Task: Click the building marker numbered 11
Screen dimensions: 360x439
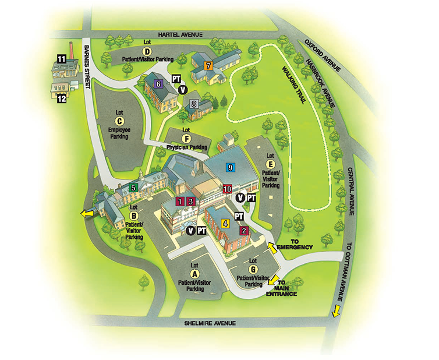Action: tap(61, 58)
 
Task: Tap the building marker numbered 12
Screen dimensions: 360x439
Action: tap(61, 98)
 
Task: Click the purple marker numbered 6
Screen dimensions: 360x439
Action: tap(157, 83)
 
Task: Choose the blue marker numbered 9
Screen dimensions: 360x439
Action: tap(231, 167)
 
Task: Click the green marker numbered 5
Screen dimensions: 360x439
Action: tap(133, 188)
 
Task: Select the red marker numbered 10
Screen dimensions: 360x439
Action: tap(227, 189)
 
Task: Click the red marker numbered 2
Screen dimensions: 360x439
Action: tap(244, 231)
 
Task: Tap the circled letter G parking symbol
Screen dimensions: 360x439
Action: tap(253, 270)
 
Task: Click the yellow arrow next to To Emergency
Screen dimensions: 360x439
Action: tap(271, 249)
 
